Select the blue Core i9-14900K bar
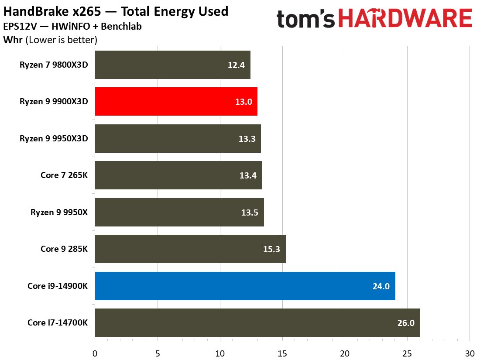(x=245, y=286)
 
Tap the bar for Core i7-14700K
(x=257, y=322)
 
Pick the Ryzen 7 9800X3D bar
(x=172, y=65)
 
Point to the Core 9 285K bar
(x=190, y=249)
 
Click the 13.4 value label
(x=247, y=175)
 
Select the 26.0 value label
(x=405, y=323)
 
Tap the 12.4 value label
(x=236, y=65)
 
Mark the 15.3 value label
(x=271, y=249)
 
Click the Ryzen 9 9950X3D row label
(x=54, y=139)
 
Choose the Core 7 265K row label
(x=64, y=175)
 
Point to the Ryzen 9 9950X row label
(x=59, y=213)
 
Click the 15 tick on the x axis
(x=282, y=353)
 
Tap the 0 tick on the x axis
(x=95, y=353)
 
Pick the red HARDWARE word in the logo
(x=405, y=19)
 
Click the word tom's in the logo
(x=305, y=19)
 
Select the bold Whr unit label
(x=13, y=40)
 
